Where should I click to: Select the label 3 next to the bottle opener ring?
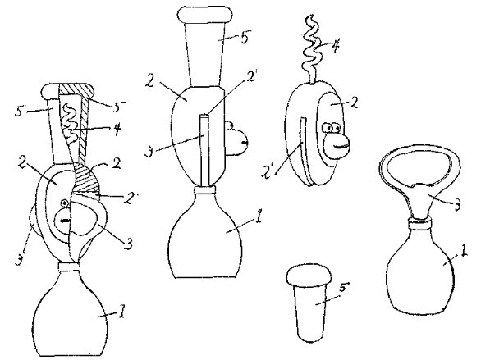456,204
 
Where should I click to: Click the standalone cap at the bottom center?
309,303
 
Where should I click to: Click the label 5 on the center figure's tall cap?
245,37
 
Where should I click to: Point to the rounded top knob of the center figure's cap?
205,15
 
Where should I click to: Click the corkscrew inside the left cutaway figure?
71,123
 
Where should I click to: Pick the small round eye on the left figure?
64,203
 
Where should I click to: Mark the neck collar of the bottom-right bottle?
420,223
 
